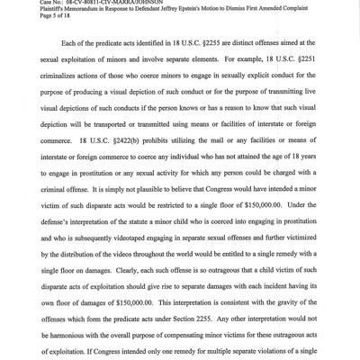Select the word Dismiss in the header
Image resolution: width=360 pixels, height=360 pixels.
(x=247, y=9)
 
